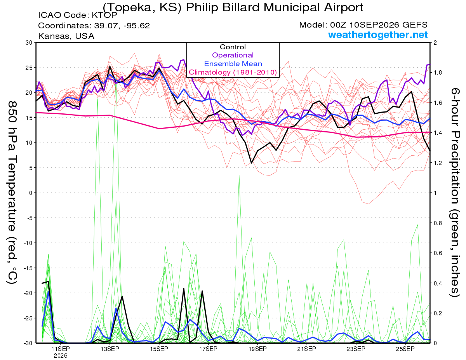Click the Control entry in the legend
[233, 47]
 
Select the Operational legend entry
[233, 55]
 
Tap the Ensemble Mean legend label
[233, 64]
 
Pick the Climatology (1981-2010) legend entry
[233, 72]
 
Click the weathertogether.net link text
[378, 35]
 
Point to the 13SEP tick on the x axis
[110, 349]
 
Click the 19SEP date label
[257, 349]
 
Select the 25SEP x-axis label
[405, 349]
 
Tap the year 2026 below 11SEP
[61, 356]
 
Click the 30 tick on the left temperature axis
[29, 43]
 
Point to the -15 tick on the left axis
[28, 268]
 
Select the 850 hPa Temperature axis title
[12, 192]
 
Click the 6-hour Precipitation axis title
[455, 192]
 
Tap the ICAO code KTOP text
[78, 15]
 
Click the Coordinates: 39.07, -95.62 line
[94, 26]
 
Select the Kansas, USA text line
[66, 36]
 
